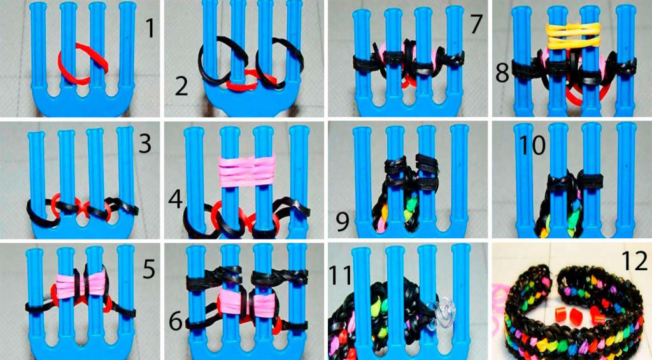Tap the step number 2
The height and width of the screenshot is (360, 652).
[x=181, y=87]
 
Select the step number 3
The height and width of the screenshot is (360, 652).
[x=145, y=143]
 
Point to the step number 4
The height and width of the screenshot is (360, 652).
[x=176, y=200]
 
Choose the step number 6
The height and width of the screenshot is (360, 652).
[x=176, y=322]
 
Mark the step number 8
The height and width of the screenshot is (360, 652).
[x=502, y=73]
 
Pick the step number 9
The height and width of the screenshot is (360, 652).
[x=343, y=222]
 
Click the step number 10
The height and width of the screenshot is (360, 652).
[x=533, y=146]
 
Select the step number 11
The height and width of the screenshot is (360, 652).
[x=340, y=274]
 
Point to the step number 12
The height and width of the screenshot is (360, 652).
[x=635, y=261]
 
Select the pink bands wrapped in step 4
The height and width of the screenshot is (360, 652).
[x=248, y=170]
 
